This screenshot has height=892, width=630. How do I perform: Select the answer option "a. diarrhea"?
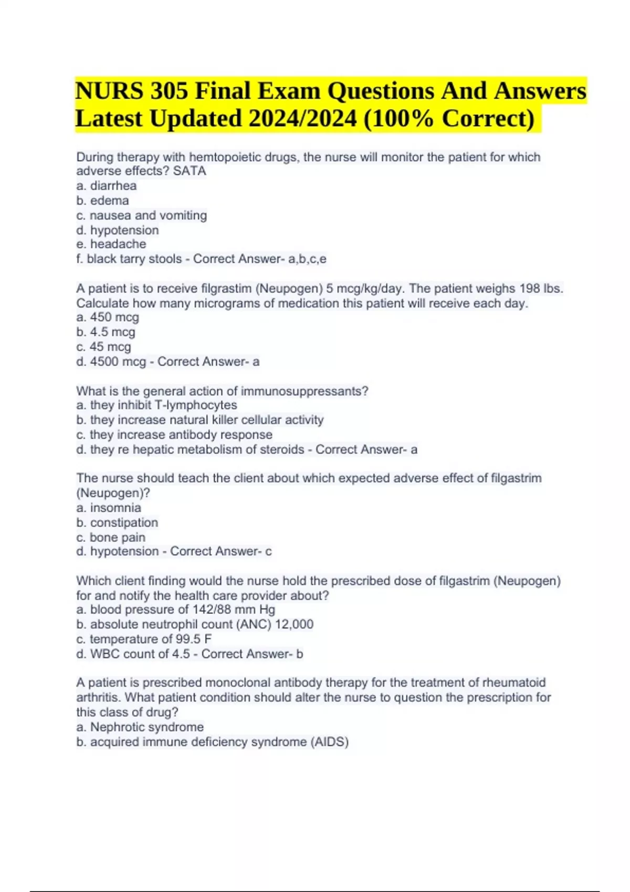[107, 186]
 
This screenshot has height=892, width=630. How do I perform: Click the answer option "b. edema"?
[102, 200]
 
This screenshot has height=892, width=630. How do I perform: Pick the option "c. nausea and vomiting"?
[142, 215]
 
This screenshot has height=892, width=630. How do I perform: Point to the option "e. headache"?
[111, 244]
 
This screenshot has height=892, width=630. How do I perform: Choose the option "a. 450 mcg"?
[108, 317]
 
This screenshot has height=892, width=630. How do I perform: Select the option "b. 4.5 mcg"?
[106, 332]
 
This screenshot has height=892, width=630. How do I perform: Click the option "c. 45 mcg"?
[104, 347]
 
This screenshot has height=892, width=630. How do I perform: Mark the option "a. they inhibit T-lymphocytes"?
[156, 405]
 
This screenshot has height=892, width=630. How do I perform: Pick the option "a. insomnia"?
[109, 508]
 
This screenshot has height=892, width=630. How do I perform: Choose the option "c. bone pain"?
[111, 537]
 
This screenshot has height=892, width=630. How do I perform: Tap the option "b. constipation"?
[117, 523]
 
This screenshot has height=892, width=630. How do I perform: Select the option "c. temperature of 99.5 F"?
[144, 639]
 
